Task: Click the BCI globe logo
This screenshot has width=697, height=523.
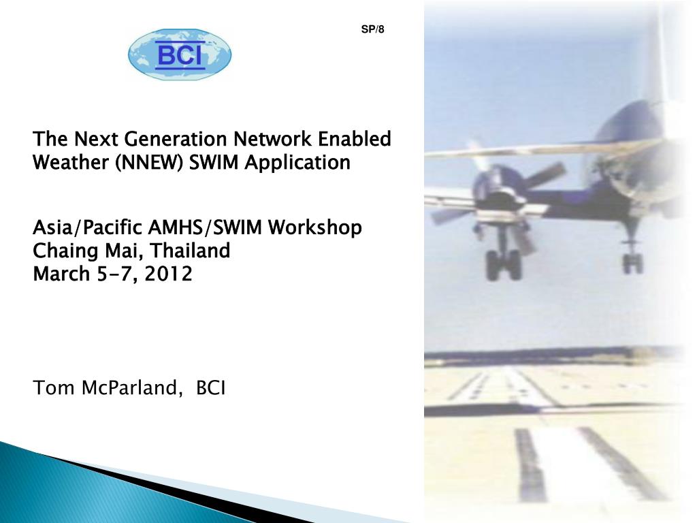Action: (180, 54)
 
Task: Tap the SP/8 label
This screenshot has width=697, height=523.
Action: (372, 29)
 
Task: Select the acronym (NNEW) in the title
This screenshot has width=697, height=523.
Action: (149, 162)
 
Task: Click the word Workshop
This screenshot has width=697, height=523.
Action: (314, 228)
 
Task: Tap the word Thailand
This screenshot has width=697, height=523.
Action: (191, 251)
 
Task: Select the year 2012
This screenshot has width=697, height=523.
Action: (169, 274)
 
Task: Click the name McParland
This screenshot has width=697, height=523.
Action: (132, 387)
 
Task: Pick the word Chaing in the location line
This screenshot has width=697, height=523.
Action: (65, 251)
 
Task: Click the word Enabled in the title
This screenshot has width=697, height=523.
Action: (354, 139)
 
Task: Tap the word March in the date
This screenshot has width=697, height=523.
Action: (61, 274)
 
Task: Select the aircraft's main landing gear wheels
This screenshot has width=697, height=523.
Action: (503, 264)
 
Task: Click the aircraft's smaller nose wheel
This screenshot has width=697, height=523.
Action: (633, 263)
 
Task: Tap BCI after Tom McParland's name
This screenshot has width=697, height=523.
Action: (211, 387)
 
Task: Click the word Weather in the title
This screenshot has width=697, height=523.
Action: (71, 162)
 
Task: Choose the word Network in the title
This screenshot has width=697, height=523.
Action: (272, 139)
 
